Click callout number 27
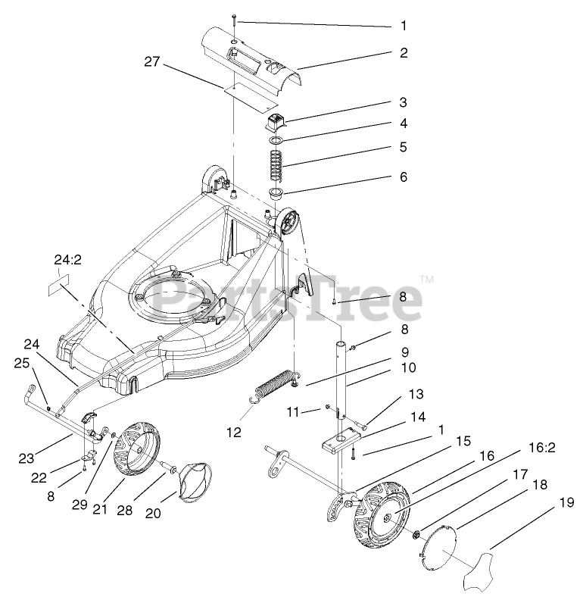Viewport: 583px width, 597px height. point(152,61)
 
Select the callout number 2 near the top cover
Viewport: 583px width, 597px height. point(404,53)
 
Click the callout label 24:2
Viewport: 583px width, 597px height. point(67,260)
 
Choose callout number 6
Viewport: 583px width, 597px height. point(404,177)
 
